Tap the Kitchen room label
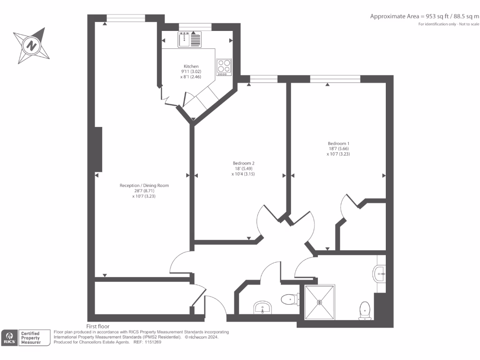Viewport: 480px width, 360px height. [191, 67]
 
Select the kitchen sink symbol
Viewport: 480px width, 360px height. [190, 39]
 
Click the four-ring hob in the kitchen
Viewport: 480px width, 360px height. [224, 67]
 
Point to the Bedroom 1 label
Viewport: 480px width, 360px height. [338, 143]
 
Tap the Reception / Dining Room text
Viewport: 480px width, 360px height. [144, 186]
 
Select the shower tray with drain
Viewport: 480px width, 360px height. [320, 302]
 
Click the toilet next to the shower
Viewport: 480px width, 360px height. [365, 311]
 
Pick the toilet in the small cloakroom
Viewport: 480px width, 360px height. [289, 299]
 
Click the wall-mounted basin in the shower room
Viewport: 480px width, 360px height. [380, 272]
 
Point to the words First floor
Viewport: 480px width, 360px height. [98, 326]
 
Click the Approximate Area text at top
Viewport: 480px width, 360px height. [424, 16]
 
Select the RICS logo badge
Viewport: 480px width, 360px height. [9, 337]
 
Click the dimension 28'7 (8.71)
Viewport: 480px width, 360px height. [144, 191]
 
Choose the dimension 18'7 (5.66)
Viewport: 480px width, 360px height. [338, 149]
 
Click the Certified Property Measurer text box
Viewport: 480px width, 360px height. [34, 337]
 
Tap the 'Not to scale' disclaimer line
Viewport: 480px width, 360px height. [449, 24]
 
